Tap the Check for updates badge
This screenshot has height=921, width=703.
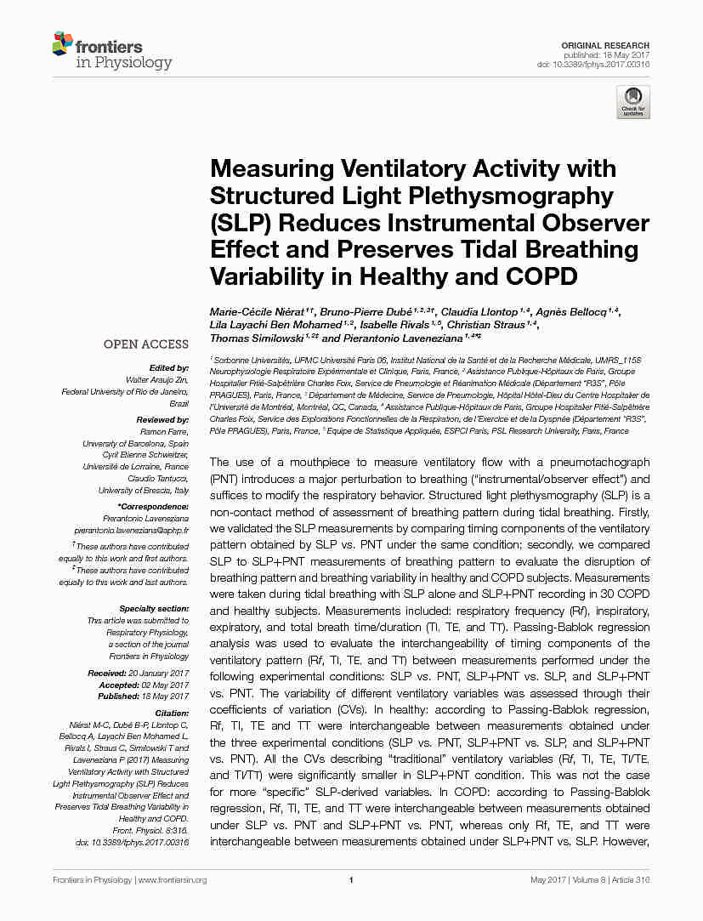pyautogui.click(x=633, y=102)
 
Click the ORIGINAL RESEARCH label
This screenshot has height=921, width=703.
pyautogui.click(x=605, y=45)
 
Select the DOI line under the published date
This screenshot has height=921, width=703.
pyautogui.click(x=593, y=65)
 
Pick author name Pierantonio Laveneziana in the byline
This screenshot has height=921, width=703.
pyautogui.click(x=389, y=338)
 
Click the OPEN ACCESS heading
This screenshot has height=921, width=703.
pyautogui.click(x=146, y=344)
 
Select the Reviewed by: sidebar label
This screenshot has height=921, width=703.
pyautogui.click(x=162, y=420)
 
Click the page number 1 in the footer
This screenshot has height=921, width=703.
pyautogui.click(x=351, y=880)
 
